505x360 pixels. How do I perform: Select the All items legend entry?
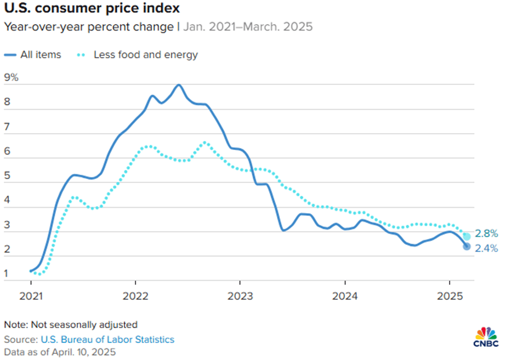click(32, 54)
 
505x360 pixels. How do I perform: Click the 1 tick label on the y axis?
click(7, 273)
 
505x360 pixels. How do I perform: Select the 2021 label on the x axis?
click(31, 296)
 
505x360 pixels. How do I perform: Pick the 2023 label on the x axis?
click(240, 296)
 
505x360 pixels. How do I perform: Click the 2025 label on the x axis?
click(450, 296)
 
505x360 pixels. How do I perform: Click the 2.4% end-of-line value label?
click(486, 248)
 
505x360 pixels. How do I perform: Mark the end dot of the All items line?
click(467, 247)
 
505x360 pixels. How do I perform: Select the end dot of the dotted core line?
click(467, 236)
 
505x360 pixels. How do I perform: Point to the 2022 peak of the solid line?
click(179, 85)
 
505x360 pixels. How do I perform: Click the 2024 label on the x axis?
click(345, 296)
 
